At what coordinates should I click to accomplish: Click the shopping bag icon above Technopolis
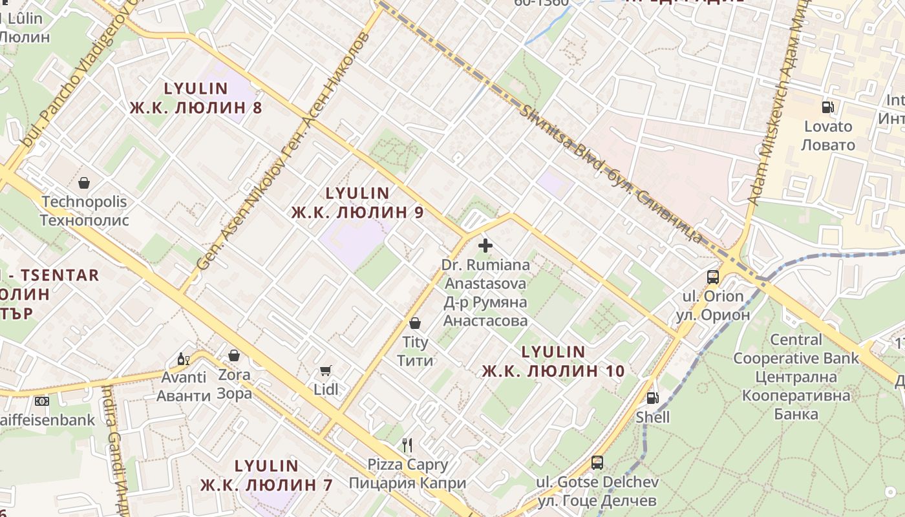coord(83,184)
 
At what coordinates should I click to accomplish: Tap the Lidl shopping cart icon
coord(326,370)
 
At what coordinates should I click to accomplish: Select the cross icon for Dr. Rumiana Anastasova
coord(485,246)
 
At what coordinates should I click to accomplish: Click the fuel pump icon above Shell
coord(652,398)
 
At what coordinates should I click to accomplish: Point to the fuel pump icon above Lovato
coord(827,107)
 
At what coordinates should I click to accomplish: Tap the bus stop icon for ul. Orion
coord(713,277)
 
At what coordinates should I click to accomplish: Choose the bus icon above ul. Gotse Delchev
coord(597,463)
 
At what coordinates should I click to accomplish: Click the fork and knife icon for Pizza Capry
coord(407,445)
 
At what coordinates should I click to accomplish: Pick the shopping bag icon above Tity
coord(415,322)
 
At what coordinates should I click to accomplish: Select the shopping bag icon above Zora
coord(234,355)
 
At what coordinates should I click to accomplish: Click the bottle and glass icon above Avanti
coord(184,359)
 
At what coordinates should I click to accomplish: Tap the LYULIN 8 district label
coord(196,98)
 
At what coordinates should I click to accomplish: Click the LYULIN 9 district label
coord(357,202)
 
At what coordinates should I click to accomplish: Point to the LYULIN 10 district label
coord(553,361)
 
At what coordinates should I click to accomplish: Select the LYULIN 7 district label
coord(266,475)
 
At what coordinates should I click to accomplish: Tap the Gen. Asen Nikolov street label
coord(282,152)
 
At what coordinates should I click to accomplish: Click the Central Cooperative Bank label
coord(796,376)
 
